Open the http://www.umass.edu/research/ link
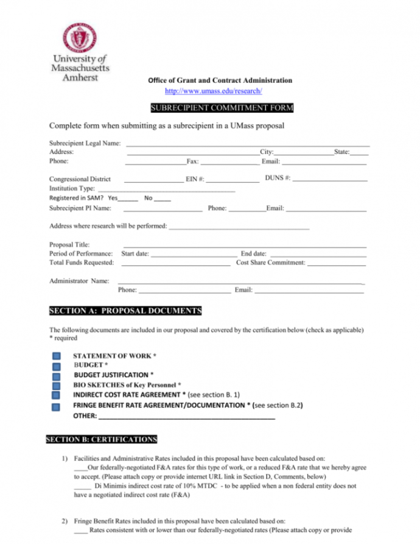(213, 91)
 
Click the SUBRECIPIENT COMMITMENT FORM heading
(213, 108)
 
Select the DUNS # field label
(278, 178)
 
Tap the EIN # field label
(195, 180)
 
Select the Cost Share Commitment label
(270, 263)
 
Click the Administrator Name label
(79, 281)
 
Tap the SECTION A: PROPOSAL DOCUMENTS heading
(125, 311)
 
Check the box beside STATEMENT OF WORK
(55, 356)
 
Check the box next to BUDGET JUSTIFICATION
(55, 376)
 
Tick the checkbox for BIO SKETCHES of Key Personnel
(55, 386)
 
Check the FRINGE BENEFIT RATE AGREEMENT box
(55, 406)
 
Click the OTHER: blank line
(186, 417)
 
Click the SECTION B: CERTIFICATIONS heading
(102, 439)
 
